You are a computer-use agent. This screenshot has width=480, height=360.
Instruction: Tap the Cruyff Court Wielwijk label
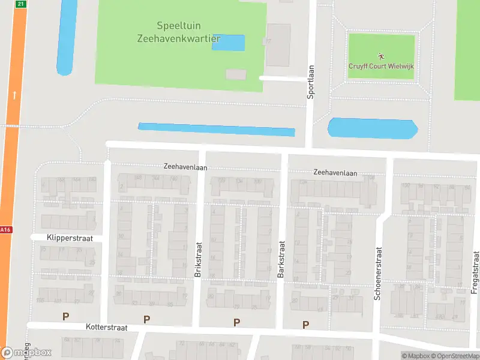pos(382,67)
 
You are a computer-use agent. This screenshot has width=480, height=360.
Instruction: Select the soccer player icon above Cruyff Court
pos(382,55)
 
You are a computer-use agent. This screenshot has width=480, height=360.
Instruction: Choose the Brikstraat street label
pos(199,259)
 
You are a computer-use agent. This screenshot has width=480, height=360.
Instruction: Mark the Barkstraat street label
pos(281,259)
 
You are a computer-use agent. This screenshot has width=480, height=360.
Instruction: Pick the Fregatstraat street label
pos(475,276)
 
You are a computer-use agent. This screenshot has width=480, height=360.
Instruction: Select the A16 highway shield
pos(5,230)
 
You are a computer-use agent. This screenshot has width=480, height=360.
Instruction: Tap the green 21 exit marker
pos(21,4)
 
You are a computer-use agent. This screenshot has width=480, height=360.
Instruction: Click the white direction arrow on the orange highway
pos(14,94)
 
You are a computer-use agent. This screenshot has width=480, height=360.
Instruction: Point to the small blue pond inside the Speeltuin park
pos(229,43)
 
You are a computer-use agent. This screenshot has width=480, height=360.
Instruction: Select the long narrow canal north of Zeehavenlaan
pos(217,130)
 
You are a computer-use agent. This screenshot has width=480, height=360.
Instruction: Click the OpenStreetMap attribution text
pos(457,356)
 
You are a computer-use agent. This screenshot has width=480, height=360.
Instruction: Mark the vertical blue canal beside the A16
pos(67,36)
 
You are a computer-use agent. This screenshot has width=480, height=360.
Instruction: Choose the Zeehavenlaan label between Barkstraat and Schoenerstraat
pos(335,173)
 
